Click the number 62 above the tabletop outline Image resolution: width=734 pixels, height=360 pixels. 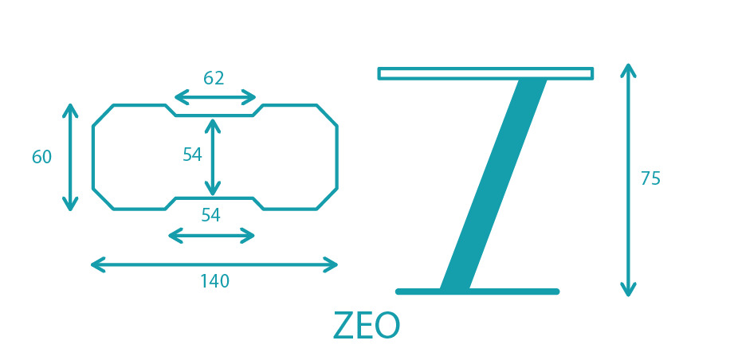click(x=214, y=78)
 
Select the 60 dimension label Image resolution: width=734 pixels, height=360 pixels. click(x=41, y=157)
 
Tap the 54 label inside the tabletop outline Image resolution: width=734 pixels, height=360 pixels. click(x=192, y=155)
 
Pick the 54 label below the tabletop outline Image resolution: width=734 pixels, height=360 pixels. click(x=210, y=215)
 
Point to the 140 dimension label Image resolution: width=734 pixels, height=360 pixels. click(x=215, y=281)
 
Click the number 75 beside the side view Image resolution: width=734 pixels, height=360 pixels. click(x=650, y=178)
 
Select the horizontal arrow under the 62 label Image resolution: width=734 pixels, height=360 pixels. click(x=215, y=98)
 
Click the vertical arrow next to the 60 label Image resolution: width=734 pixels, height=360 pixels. click(x=70, y=157)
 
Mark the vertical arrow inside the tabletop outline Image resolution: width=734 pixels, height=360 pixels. click(x=213, y=157)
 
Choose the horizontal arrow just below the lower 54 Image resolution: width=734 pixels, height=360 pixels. click(x=211, y=236)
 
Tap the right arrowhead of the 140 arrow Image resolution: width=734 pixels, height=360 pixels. click(x=332, y=264)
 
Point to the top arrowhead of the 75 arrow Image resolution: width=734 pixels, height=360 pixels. click(x=628, y=70)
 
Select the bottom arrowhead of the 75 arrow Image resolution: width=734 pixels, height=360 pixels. click(x=628, y=290)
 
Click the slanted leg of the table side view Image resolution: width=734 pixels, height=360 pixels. click(x=493, y=184)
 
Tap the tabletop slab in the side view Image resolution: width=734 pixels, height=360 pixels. click(x=486, y=73)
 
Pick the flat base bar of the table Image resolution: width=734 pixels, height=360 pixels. click(x=477, y=292)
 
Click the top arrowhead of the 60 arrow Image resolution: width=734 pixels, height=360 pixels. click(x=70, y=111)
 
